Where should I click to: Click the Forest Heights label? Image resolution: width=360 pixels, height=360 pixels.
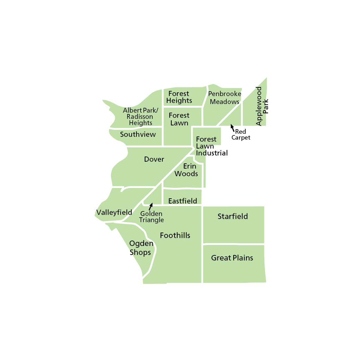point(179,97)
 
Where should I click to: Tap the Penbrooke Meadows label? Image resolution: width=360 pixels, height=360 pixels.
point(225,98)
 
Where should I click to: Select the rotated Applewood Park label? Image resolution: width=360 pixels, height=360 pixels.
point(262,106)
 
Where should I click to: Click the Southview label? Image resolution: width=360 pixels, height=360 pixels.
point(138,134)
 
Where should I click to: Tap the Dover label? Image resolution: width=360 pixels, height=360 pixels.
point(154,159)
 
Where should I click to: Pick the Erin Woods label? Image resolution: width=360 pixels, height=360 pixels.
point(186,170)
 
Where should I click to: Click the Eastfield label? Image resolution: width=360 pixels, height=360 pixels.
point(182,201)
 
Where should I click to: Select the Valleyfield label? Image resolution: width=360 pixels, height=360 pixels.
point(114,212)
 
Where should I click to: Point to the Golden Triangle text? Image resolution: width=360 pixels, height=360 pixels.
point(152,217)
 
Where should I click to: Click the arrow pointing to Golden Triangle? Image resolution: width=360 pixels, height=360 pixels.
point(150,207)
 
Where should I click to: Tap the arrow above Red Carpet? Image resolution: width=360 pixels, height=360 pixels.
point(233,127)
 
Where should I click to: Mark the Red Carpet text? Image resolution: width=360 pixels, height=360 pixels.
point(241,135)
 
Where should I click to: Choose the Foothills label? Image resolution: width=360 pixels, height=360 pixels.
point(175,236)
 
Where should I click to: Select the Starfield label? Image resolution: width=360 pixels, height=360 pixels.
point(233,217)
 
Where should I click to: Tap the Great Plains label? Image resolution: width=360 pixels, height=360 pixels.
point(232,258)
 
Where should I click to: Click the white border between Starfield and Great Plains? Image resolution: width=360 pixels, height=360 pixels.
point(234,244)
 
